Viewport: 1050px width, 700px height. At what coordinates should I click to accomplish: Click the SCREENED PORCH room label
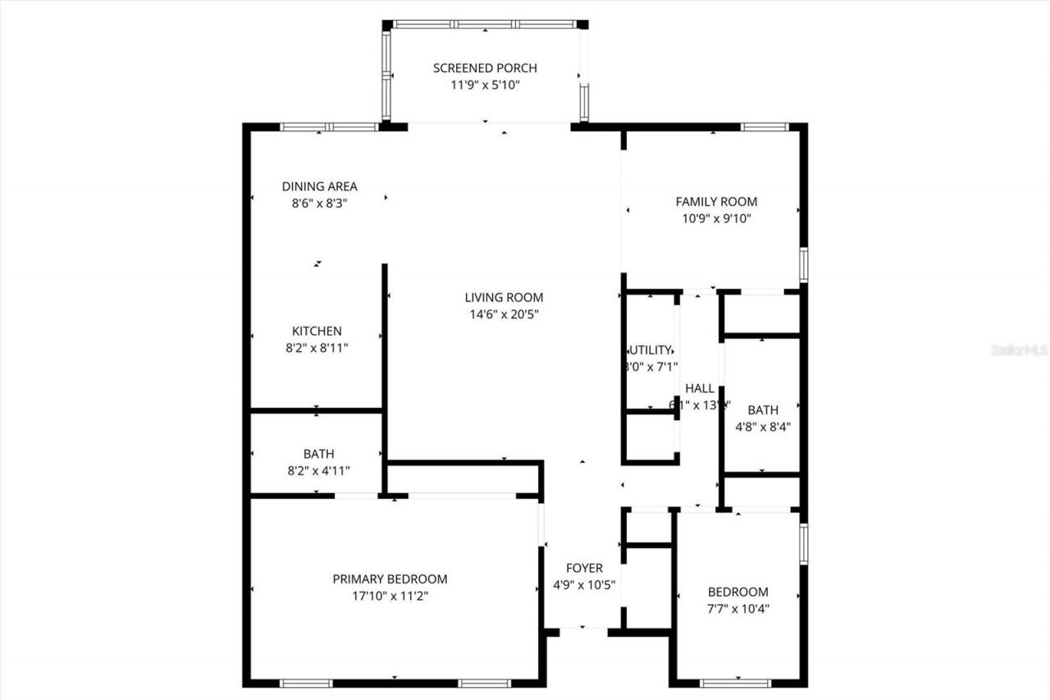click(x=485, y=68)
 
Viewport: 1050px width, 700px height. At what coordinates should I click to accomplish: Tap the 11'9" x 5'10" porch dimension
click(x=485, y=85)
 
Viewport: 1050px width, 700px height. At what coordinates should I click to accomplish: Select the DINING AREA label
click(x=320, y=186)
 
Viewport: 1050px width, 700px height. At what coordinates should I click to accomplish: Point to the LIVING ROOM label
click(x=504, y=298)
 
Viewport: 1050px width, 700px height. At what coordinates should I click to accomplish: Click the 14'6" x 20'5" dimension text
click(x=504, y=314)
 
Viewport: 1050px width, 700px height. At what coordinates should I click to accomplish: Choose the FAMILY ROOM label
click(x=716, y=202)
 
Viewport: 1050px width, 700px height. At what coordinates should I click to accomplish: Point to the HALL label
click(x=700, y=388)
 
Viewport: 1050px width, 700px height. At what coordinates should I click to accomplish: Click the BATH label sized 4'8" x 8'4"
click(x=763, y=409)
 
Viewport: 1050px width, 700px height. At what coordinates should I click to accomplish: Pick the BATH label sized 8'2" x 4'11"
click(x=318, y=454)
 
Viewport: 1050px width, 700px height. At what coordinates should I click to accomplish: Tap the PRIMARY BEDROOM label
click(x=390, y=579)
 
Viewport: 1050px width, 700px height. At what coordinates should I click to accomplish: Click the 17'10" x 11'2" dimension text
click(x=390, y=597)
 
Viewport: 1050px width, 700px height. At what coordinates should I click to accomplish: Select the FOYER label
click(x=585, y=568)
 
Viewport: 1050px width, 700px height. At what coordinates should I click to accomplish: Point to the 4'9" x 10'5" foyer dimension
click(x=585, y=585)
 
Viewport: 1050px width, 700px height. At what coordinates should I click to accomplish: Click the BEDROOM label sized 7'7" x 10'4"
click(x=738, y=592)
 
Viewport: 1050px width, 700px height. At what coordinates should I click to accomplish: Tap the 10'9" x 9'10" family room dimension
click(x=716, y=218)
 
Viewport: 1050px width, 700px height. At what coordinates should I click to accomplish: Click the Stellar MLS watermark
click(x=1020, y=350)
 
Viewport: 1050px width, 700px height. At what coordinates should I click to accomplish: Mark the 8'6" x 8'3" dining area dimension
click(x=320, y=203)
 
